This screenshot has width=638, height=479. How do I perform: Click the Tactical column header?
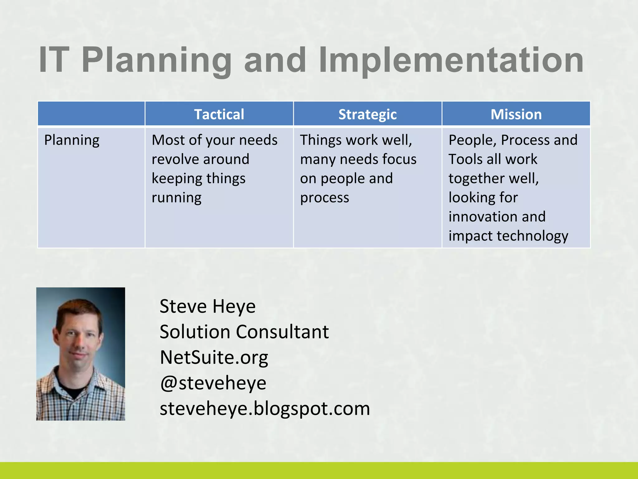(x=219, y=114)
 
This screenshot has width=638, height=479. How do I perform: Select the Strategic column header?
(x=367, y=114)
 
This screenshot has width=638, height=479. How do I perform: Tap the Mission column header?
(x=516, y=114)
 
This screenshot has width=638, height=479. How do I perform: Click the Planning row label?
(x=72, y=140)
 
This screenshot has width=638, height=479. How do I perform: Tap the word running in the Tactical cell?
(x=176, y=198)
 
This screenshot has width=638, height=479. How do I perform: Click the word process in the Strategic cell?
(x=324, y=198)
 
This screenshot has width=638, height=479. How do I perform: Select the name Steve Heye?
(x=207, y=306)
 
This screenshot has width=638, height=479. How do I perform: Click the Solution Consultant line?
(x=244, y=331)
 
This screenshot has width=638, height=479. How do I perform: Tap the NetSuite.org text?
(x=214, y=357)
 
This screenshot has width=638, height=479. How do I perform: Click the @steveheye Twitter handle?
(x=213, y=383)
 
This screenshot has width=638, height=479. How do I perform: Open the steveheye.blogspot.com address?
(x=265, y=408)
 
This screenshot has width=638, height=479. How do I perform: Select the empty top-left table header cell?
(x=91, y=114)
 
